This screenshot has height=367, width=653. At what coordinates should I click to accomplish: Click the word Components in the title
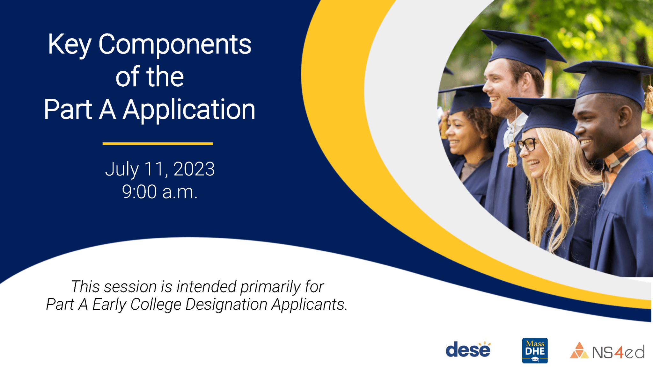point(175,45)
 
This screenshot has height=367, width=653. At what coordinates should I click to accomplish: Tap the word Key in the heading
point(70,45)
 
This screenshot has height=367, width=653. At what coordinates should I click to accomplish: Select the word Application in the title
point(189,110)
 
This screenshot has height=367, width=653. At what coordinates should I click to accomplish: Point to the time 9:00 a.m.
point(160,192)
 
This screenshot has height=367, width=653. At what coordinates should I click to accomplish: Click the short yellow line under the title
point(158,144)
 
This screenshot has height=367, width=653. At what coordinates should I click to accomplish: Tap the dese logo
point(468,350)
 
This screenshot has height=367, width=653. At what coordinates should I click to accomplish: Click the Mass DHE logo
point(535,350)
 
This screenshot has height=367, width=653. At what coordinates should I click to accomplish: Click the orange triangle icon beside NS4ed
point(579,350)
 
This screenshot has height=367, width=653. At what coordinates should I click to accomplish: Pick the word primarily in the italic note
point(270,286)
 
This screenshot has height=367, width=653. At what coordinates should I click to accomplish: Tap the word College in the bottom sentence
point(156,304)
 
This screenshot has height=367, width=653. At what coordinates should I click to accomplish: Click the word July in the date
point(122,169)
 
